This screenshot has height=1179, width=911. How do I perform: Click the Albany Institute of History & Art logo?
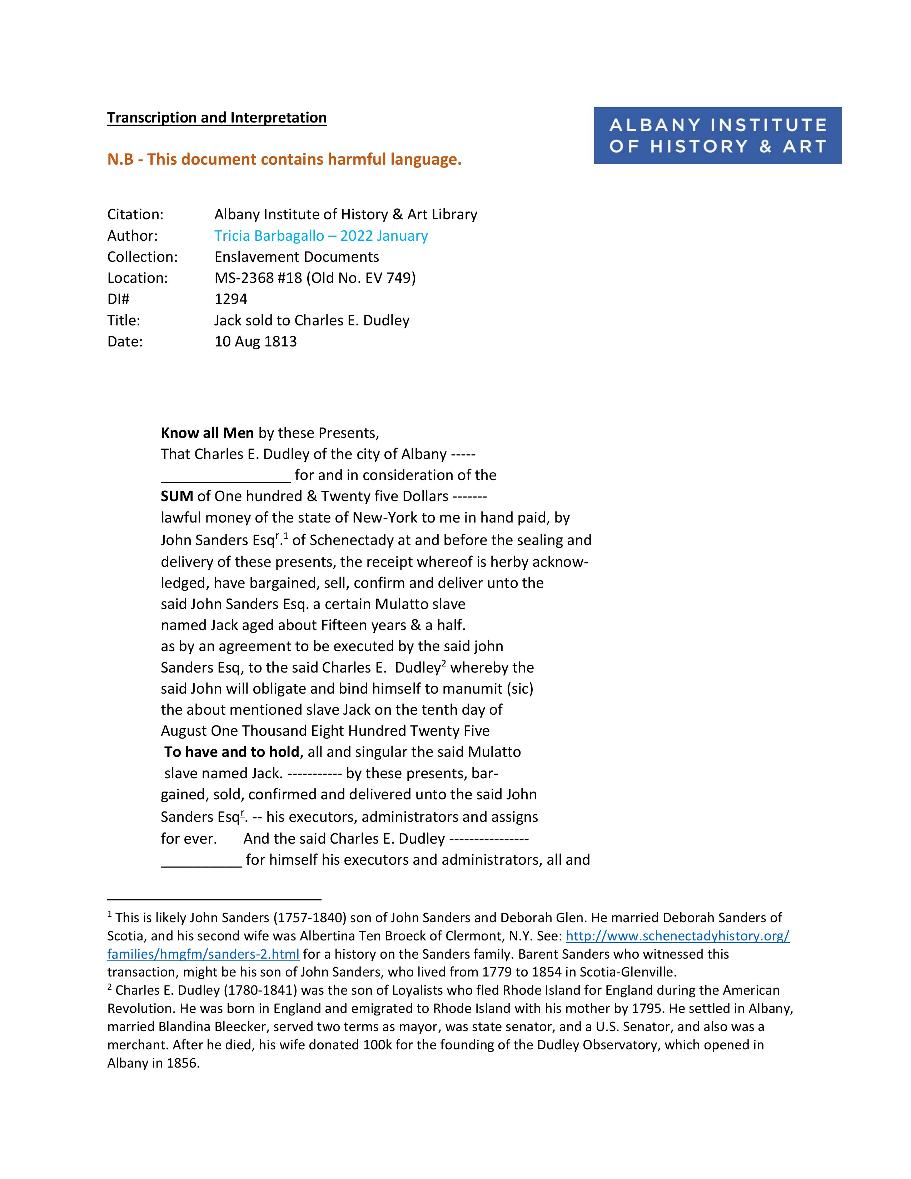click(x=717, y=135)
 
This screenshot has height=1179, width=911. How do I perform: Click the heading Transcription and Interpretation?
click(x=216, y=118)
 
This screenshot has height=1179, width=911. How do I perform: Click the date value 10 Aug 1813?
click(x=255, y=342)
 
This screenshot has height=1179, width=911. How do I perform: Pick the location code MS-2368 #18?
click(x=258, y=278)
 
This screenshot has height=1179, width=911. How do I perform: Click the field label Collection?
click(x=142, y=257)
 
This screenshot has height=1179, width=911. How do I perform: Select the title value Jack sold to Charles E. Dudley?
click(x=312, y=321)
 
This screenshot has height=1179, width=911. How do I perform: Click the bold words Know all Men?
click(x=207, y=433)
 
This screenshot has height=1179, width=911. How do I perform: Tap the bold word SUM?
click(x=176, y=496)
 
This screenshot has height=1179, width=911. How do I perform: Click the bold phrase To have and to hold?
click(x=232, y=752)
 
